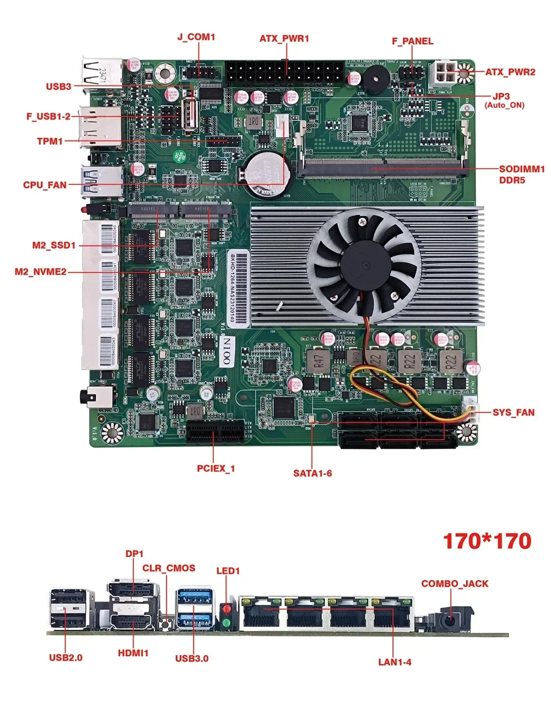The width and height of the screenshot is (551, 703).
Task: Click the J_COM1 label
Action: click(196, 37)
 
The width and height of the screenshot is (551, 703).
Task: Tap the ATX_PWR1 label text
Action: click(284, 39)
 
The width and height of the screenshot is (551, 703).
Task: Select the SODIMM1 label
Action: click(521, 169)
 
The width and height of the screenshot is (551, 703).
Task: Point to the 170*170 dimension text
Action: click(487, 540)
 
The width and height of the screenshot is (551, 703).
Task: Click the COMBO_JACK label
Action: click(455, 583)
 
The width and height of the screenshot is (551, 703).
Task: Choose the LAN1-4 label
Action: click(395, 662)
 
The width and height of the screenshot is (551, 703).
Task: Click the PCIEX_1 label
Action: click(216, 469)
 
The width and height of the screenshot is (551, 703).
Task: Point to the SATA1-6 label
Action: click(312, 473)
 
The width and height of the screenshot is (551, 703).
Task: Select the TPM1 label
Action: click(50, 142)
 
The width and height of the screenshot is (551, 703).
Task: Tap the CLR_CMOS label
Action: click(169, 568)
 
